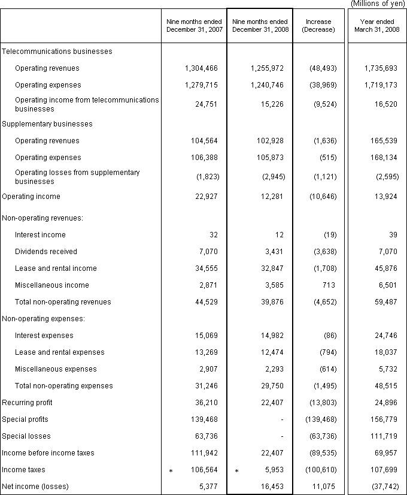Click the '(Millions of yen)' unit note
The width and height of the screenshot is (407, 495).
(377, 4)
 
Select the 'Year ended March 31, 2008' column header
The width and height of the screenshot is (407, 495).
(376, 26)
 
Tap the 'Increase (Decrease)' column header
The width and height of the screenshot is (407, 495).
(318, 26)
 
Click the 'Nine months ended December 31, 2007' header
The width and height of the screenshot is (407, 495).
(194, 26)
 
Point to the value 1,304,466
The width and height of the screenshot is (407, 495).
(202, 68)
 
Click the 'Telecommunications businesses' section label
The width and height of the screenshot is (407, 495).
(57, 52)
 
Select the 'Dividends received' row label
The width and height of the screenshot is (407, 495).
(46, 252)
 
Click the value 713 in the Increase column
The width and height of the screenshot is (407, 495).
(331, 285)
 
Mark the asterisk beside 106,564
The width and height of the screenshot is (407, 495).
(171, 471)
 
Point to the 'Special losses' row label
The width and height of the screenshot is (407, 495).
(26, 436)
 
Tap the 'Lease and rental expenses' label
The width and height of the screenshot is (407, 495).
(60, 352)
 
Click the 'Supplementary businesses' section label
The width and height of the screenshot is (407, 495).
(48, 124)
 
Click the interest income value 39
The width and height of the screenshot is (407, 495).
(393, 235)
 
